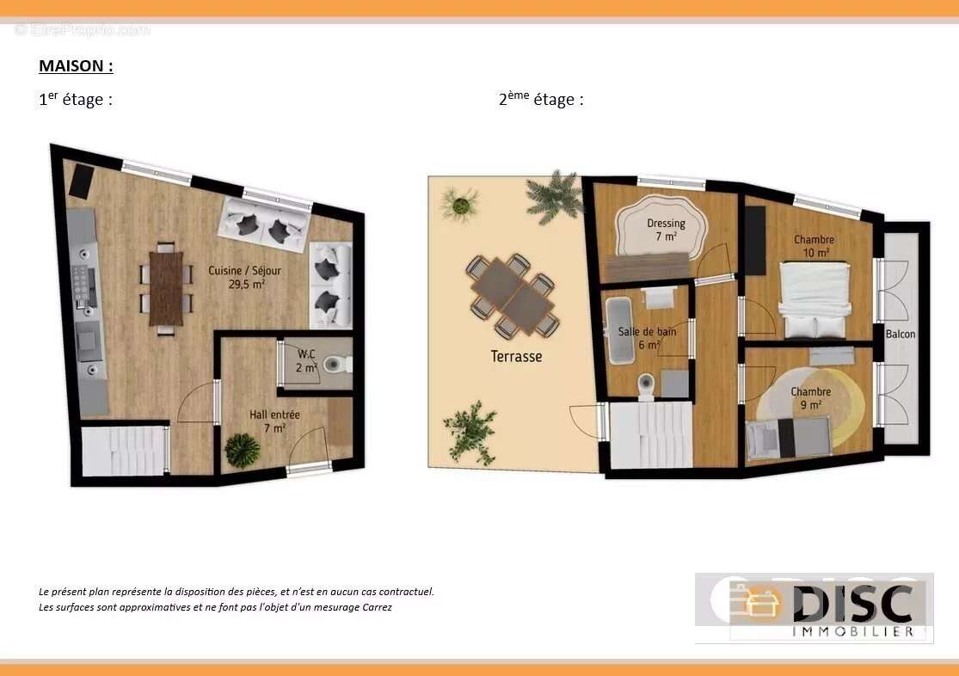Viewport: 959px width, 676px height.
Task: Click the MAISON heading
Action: (x=76, y=66)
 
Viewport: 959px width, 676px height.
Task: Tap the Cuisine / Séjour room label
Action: (x=244, y=277)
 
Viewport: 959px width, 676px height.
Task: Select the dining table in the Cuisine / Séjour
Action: (x=166, y=289)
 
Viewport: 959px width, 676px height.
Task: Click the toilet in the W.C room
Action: (x=337, y=365)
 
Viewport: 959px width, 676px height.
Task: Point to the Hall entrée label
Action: (x=274, y=421)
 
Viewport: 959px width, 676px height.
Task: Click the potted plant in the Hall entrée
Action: (x=243, y=451)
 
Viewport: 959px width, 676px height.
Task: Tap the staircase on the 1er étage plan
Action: (x=125, y=451)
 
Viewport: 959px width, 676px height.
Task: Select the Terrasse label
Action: (x=516, y=356)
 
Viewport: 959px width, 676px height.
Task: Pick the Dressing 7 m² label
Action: (x=666, y=230)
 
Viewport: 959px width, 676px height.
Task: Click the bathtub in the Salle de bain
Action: (x=621, y=330)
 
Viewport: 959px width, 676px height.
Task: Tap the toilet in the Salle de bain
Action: (x=647, y=387)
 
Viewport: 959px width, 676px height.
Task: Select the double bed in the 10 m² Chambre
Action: (x=815, y=300)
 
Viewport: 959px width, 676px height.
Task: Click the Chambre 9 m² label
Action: (x=810, y=398)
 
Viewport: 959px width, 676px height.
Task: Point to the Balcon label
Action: (x=901, y=334)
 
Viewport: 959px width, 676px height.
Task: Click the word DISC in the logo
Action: (x=853, y=603)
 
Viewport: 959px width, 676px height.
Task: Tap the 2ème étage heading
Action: (x=541, y=99)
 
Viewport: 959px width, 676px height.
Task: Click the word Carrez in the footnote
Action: (x=378, y=607)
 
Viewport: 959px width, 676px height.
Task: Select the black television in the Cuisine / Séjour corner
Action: (x=81, y=181)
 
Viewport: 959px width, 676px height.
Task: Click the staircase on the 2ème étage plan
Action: (x=651, y=434)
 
